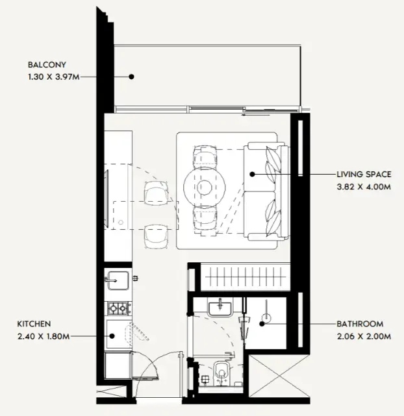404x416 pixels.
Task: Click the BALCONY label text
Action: tap(47, 65)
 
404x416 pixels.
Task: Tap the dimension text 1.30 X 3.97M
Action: tap(54, 77)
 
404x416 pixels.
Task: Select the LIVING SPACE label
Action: tap(364, 175)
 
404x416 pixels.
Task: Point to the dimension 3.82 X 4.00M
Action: tap(364, 187)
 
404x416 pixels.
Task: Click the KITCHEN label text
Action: tap(34, 324)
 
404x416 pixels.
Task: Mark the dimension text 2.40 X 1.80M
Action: tap(44, 336)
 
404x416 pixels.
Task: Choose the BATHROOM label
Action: tap(360, 324)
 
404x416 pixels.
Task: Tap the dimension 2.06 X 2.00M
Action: tap(364, 336)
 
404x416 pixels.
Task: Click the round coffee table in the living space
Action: tap(205, 188)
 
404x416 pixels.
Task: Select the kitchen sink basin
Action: tap(118, 280)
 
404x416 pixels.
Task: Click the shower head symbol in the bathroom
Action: tap(266, 318)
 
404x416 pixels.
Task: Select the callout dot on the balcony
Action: tap(131, 77)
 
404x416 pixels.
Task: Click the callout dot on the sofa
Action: tap(253, 175)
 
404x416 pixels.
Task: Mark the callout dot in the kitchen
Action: tap(112, 336)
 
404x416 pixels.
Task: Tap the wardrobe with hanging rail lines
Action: tap(245, 277)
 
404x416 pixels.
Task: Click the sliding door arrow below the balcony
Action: tap(256, 115)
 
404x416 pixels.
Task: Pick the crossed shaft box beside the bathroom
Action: tap(279, 376)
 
